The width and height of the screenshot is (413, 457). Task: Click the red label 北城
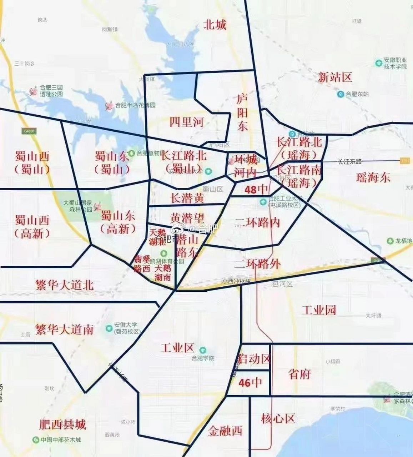(x=215, y=25)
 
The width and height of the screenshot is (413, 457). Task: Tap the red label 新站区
(x=335, y=77)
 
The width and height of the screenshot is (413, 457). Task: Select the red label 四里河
(x=186, y=122)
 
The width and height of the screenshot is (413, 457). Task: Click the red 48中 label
(x=256, y=189)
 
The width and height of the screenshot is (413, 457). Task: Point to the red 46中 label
(x=250, y=383)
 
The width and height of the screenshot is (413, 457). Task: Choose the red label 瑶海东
(x=373, y=177)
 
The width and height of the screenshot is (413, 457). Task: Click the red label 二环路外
(x=257, y=264)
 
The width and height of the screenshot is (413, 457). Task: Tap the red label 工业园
(x=319, y=310)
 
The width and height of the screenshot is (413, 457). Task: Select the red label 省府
(x=299, y=374)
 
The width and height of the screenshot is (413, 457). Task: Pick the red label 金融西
(x=225, y=431)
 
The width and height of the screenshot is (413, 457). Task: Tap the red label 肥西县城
(x=62, y=425)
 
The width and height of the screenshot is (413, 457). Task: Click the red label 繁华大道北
(x=64, y=285)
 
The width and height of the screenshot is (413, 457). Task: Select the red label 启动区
(x=254, y=358)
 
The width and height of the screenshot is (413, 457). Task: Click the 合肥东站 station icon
(x=341, y=94)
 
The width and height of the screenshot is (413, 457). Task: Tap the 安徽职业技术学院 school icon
(x=379, y=63)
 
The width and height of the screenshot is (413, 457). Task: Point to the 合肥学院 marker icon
(x=203, y=350)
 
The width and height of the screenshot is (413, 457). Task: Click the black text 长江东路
(x=349, y=161)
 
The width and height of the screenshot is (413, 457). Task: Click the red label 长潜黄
(x=187, y=198)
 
